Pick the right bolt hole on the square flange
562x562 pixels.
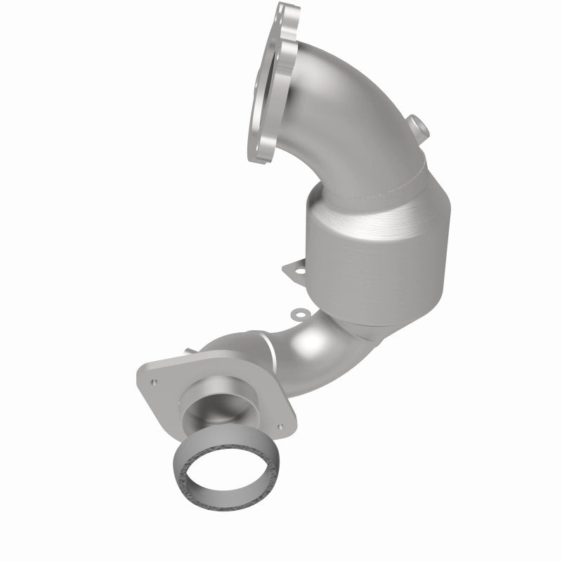[x=280, y=426]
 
